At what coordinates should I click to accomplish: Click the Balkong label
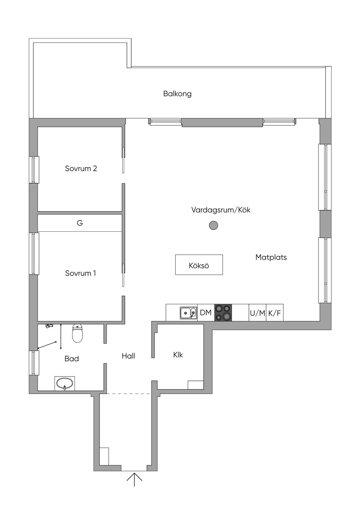tap(177, 94)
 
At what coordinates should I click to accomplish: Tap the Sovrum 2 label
tap(81, 168)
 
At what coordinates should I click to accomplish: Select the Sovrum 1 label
tap(81, 273)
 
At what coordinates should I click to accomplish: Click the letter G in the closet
tap(80, 223)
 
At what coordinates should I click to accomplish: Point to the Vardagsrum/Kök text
tap(221, 210)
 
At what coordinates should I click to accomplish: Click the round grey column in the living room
tap(213, 225)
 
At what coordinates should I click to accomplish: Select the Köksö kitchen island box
tap(199, 264)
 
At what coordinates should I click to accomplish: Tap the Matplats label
tap(271, 257)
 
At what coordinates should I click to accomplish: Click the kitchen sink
tap(188, 313)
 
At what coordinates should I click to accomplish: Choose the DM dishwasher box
tap(206, 313)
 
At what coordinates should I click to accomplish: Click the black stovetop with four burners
tap(223, 313)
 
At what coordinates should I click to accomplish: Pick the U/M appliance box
tap(257, 313)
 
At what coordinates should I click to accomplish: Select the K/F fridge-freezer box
tap(275, 313)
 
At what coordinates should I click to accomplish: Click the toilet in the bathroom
tap(77, 333)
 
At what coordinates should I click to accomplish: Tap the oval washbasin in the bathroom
tap(65, 384)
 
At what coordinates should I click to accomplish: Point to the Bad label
tap(72, 359)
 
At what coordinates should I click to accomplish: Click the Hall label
tap(128, 356)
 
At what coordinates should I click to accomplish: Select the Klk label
tap(178, 355)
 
